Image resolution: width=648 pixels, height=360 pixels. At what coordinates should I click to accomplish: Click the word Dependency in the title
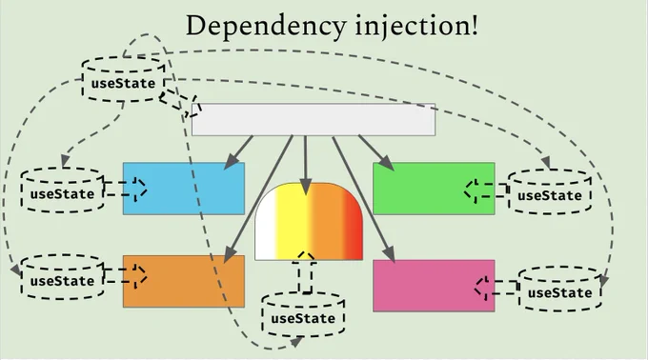[266, 28]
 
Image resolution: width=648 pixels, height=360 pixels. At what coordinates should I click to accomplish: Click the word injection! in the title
[416, 26]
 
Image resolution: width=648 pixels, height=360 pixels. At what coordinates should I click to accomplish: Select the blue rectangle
[184, 189]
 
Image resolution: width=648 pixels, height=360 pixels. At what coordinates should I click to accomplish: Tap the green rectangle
[434, 189]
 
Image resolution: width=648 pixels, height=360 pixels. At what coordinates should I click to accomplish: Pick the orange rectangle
[184, 281]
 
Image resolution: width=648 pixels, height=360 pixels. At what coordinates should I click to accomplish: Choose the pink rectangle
[434, 286]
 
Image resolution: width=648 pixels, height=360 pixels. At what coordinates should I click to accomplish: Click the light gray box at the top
[314, 120]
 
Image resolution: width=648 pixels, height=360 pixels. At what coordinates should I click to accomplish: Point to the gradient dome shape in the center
[309, 221]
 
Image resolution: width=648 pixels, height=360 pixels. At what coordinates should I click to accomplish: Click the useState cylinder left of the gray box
[124, 80]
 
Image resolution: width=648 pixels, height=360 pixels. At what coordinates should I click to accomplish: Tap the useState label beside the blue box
[62, 194]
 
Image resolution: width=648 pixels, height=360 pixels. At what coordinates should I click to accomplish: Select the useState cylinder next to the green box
[550, 191]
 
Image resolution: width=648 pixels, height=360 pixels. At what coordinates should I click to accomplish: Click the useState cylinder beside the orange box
[62, 277]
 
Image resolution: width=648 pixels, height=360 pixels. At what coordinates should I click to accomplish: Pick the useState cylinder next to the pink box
[560, 289]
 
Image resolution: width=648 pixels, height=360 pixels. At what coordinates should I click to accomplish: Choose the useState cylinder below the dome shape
[303, 314]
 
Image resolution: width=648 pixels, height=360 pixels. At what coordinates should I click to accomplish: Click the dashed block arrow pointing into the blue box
[125, 189]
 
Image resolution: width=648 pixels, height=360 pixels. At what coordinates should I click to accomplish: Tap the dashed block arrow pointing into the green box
[486, 190]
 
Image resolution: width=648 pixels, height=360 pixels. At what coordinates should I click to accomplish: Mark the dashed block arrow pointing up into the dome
[305, 272]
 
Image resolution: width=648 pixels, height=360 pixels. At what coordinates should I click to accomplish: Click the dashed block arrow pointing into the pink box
[496, 288]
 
